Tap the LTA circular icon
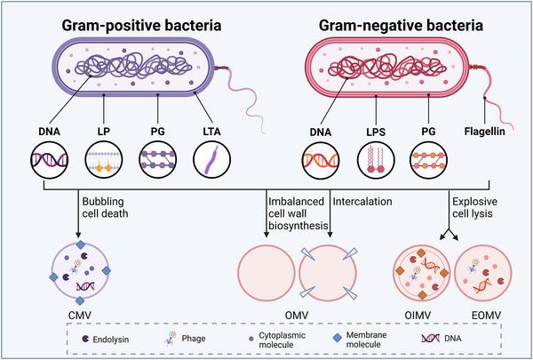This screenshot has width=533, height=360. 211,164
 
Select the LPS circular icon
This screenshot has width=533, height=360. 372,164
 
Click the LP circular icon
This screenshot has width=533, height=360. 103,164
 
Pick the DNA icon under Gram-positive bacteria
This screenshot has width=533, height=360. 49,164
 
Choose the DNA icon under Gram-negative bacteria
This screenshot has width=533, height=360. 319,164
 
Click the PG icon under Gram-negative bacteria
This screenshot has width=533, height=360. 426,164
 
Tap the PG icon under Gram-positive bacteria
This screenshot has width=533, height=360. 157,164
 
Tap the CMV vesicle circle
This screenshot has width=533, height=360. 79,274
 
